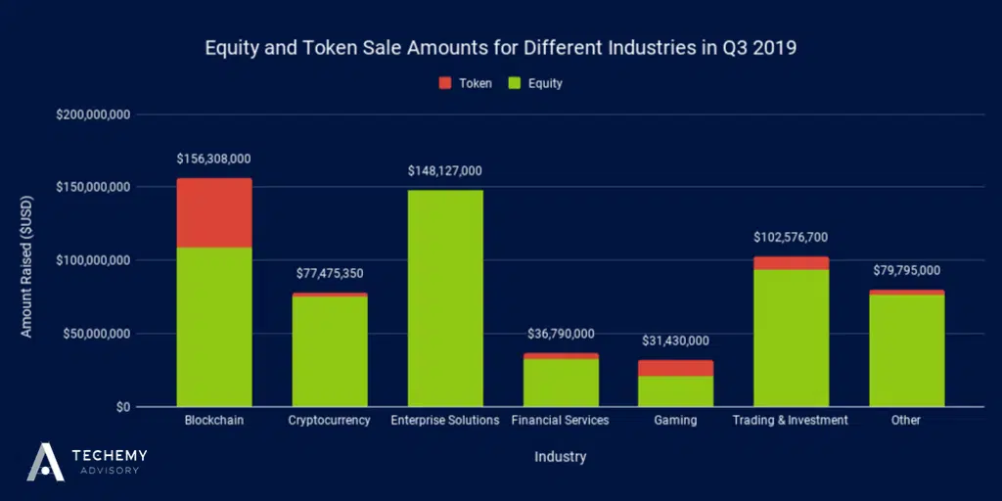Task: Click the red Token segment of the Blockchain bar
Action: [213, 212]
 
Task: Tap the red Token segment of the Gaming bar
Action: [676, 368]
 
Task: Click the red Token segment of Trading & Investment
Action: [791, 263]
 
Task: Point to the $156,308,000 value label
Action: [213, 159]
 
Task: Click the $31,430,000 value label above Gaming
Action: [676, 341]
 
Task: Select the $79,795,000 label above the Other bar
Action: [906, 270]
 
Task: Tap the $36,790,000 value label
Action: [561, 334]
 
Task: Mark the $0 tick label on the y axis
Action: [122, 407]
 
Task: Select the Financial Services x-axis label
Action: [560, 421]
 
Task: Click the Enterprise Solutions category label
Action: [445, 421]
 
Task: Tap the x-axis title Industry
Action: [560, 457]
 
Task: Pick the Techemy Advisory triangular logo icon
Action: [45, 461]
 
